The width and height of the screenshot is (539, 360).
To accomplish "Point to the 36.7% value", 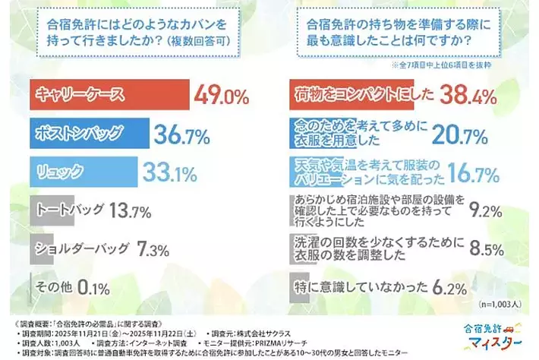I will pyautogui.click(x=182, y=134).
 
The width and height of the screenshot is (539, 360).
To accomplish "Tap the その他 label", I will pyautogui.click(x=55, y=287).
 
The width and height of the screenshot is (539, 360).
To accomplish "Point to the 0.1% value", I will pyautogui.click(x=93, y=287).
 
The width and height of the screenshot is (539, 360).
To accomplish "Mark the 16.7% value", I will pyautogui.click(x=486, y=172).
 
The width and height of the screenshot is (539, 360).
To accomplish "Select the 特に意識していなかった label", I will pyautogui.click(x=364, y=287).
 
